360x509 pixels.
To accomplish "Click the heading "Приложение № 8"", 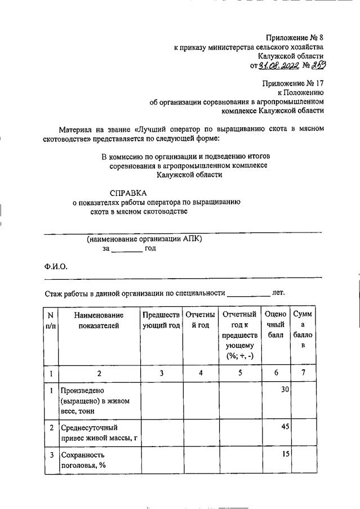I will [x=295, y=38].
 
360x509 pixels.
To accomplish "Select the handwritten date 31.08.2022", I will [x=279, y=66].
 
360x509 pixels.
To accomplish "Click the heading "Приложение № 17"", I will [x=293, y=83].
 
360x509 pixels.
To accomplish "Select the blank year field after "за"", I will [x=127, y=249].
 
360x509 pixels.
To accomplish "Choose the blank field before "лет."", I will [x=248, y=293].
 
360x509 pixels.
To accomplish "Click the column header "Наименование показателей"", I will [x=99, y=320].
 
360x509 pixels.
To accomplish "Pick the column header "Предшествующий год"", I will [x=161, y=320].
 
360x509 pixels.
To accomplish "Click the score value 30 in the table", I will [x=285, y=390].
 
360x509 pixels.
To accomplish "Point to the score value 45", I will [x=285, y=426].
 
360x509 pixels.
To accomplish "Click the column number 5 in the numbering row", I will [x=239, y=372].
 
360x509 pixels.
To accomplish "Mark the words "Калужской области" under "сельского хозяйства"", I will [x=291, y=57].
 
